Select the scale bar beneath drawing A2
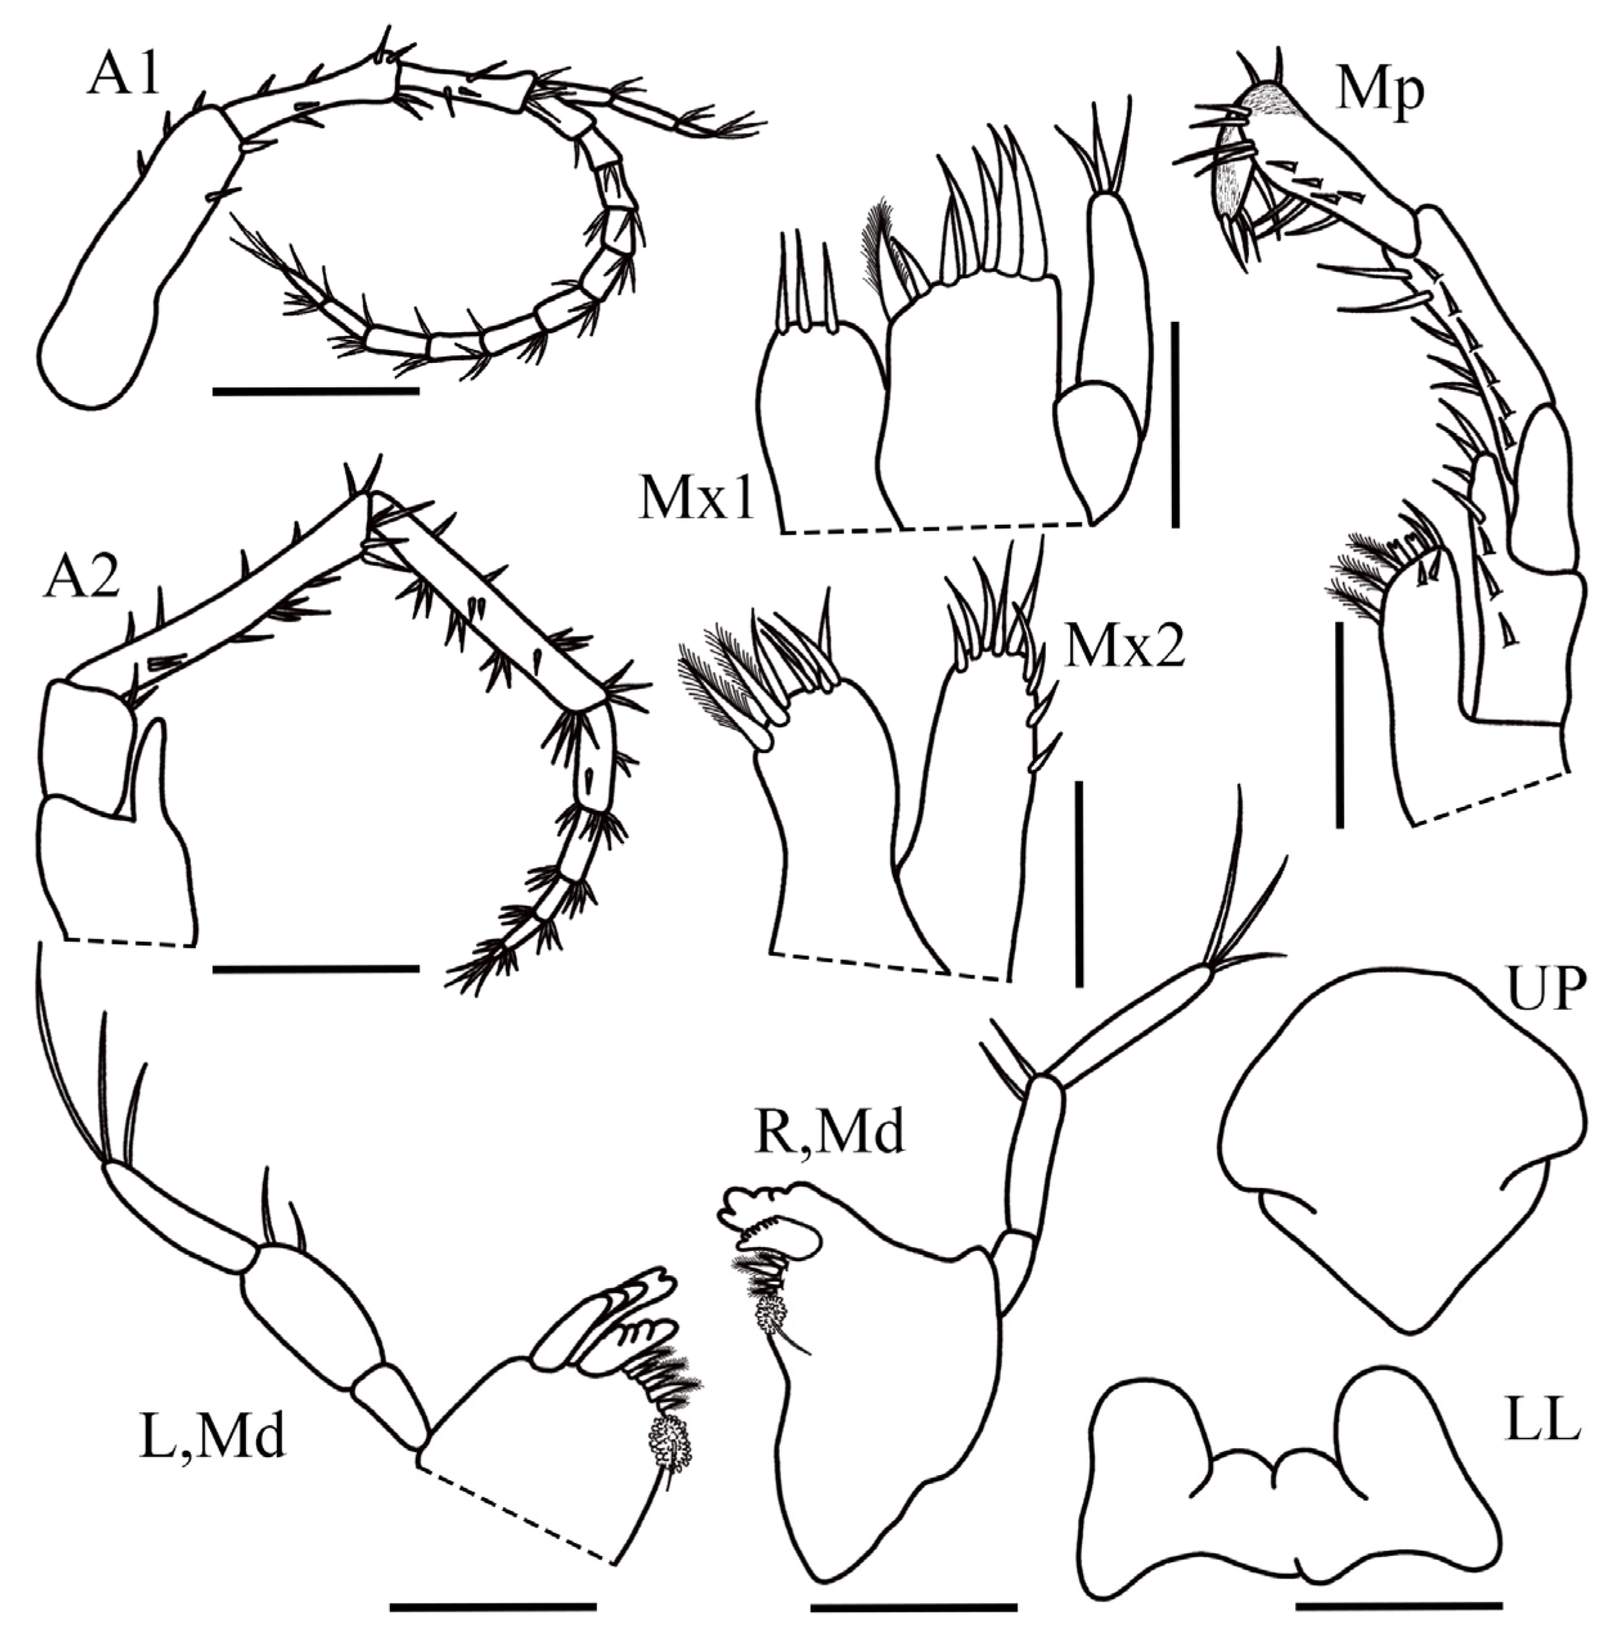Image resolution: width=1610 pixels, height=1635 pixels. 315,968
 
